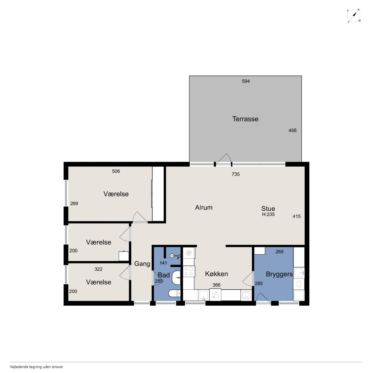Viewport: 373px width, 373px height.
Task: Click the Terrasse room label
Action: tap(245, 119)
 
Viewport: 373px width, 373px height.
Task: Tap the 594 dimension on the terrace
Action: tap(246, 81)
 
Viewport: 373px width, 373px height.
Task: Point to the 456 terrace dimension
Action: tap(292, 131)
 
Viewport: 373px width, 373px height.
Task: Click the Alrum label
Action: tap(204, 207)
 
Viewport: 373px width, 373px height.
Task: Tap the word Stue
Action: tap(268, 208)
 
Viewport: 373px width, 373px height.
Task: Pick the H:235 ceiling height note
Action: tap(268, 214)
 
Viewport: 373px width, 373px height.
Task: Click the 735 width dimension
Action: tap(235, 174)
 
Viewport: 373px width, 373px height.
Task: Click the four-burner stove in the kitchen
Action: tap(189, 271)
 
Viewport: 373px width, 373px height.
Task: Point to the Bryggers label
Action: tap(279, 274)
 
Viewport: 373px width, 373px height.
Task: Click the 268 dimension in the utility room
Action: tap(279, 252)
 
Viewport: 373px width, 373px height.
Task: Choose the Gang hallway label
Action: tap(142, 264)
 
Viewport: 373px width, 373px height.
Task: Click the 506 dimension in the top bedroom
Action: tap(116, 171)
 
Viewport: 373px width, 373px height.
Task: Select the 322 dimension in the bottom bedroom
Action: tap(98, 269)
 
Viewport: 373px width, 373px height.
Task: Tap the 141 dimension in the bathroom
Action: tap(163, 263)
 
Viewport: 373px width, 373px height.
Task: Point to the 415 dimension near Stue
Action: tap(297, 217)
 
